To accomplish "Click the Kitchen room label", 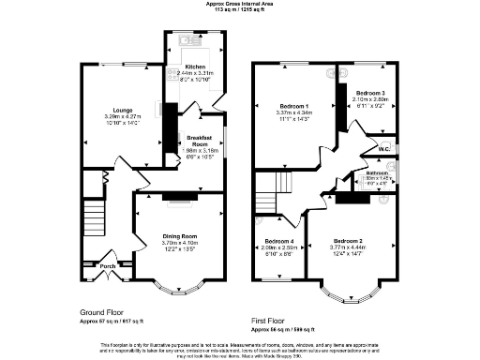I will click(195, 67).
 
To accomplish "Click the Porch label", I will click(107, 265).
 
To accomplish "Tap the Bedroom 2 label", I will click(349, 241).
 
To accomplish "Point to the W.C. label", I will click(384, 149).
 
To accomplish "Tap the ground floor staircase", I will click(94, 216).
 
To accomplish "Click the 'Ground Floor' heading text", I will click(102, 313).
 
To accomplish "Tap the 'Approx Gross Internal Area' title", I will click(239, 4).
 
